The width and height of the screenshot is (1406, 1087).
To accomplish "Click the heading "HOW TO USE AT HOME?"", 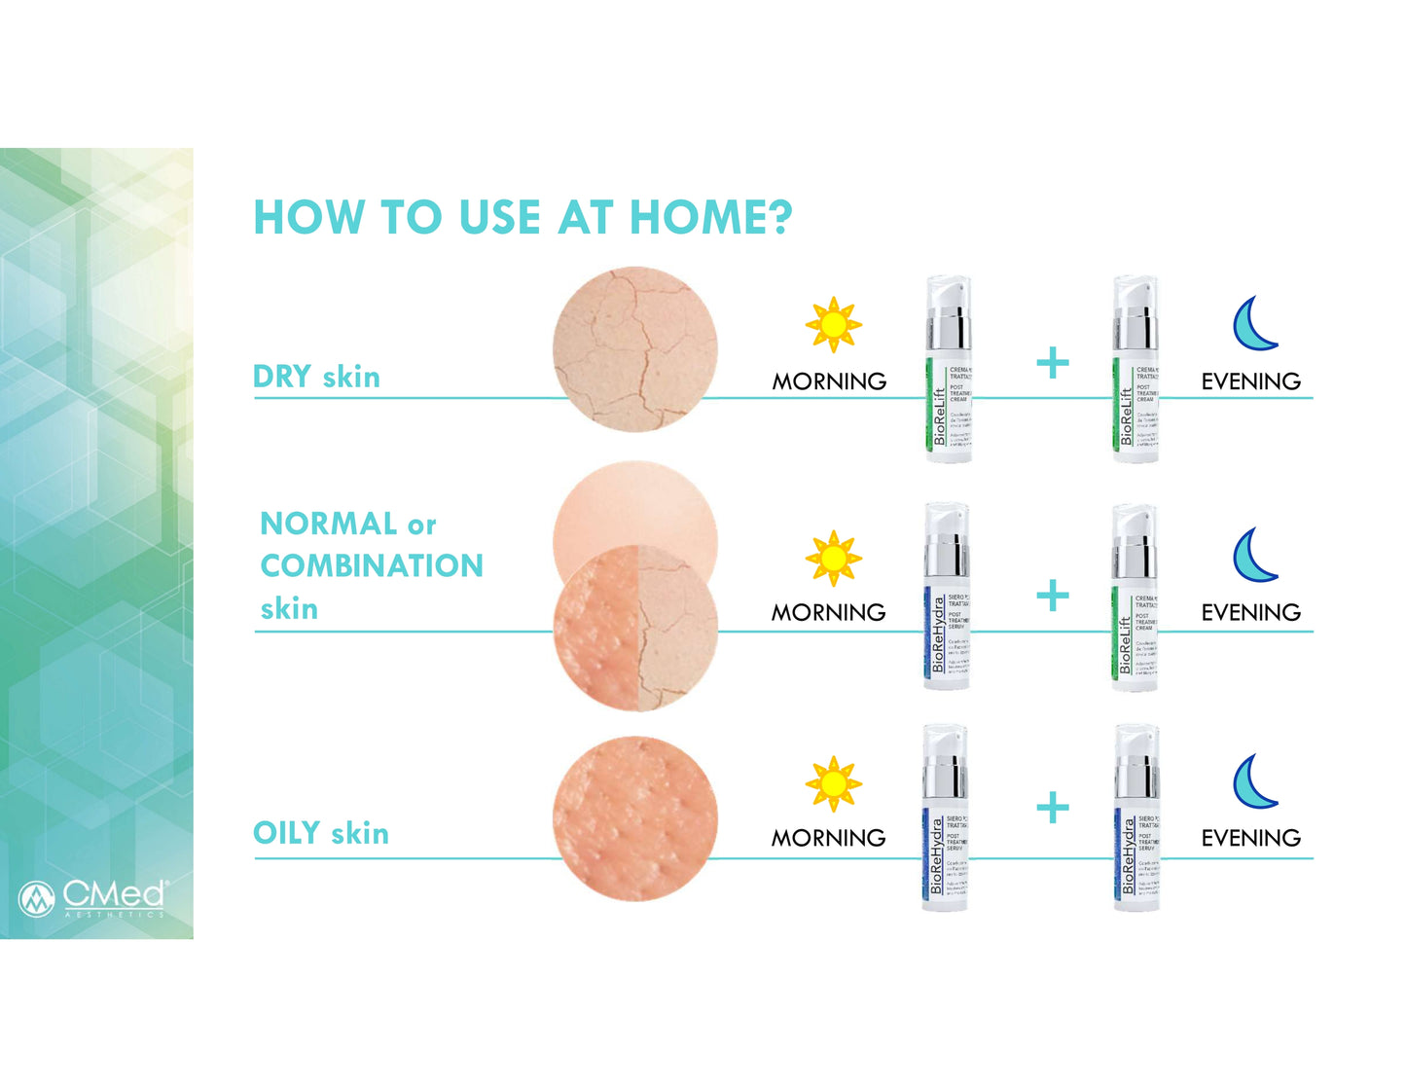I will tap(523, 217).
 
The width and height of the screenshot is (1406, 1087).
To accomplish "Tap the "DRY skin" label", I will tap(316, 377).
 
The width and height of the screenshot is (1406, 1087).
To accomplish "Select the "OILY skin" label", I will tap(321, 833).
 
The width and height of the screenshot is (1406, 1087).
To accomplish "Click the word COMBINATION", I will tap(372, 565).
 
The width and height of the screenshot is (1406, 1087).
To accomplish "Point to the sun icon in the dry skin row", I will tap(833, 325).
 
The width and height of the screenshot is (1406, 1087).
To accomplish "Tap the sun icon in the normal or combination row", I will tap(833, 559).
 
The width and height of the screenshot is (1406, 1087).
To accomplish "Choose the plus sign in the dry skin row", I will tap(1052, 364).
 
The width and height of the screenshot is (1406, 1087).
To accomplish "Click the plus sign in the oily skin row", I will tap(1052, 808).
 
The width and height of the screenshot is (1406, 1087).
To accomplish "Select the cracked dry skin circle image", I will tap(635, 349).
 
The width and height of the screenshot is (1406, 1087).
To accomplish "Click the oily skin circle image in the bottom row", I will tap(635, 818).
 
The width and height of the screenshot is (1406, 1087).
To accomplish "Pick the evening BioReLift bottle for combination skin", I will tap(1135, 598).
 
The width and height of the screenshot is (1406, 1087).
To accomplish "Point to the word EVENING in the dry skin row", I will tap(1250, 381).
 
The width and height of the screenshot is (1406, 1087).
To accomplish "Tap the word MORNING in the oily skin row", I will tap(828, 838).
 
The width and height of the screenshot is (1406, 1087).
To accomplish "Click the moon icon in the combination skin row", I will tap(1254, 555).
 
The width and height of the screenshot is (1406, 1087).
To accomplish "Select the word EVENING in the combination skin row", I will tap(1250, 612).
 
